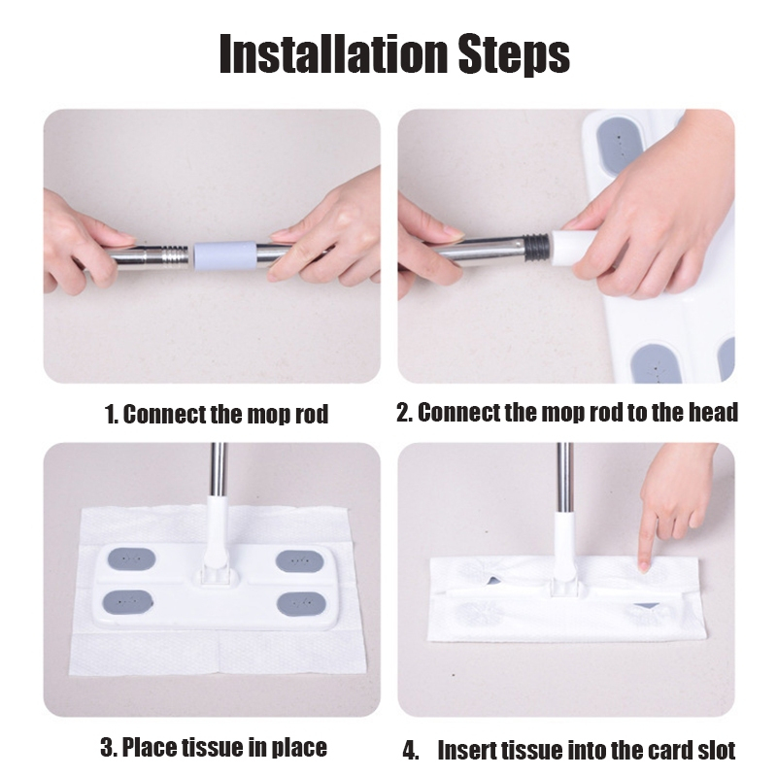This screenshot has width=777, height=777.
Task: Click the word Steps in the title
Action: (514, 54)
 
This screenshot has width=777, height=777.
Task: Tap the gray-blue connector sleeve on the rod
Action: (224, 255)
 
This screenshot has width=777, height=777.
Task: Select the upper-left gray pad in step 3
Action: (132, 559)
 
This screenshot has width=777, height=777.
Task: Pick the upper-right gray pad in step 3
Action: (300, 561)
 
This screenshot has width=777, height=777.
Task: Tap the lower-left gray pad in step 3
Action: (127, 602)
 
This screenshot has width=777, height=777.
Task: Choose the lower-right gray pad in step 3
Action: (301, 604)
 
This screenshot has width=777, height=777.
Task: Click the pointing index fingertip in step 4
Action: (644, 567)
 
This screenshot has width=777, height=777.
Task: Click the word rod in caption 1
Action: (312, 415)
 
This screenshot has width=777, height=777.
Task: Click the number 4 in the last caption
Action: (409, 751)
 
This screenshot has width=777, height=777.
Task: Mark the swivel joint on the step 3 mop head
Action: (214, 571)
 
